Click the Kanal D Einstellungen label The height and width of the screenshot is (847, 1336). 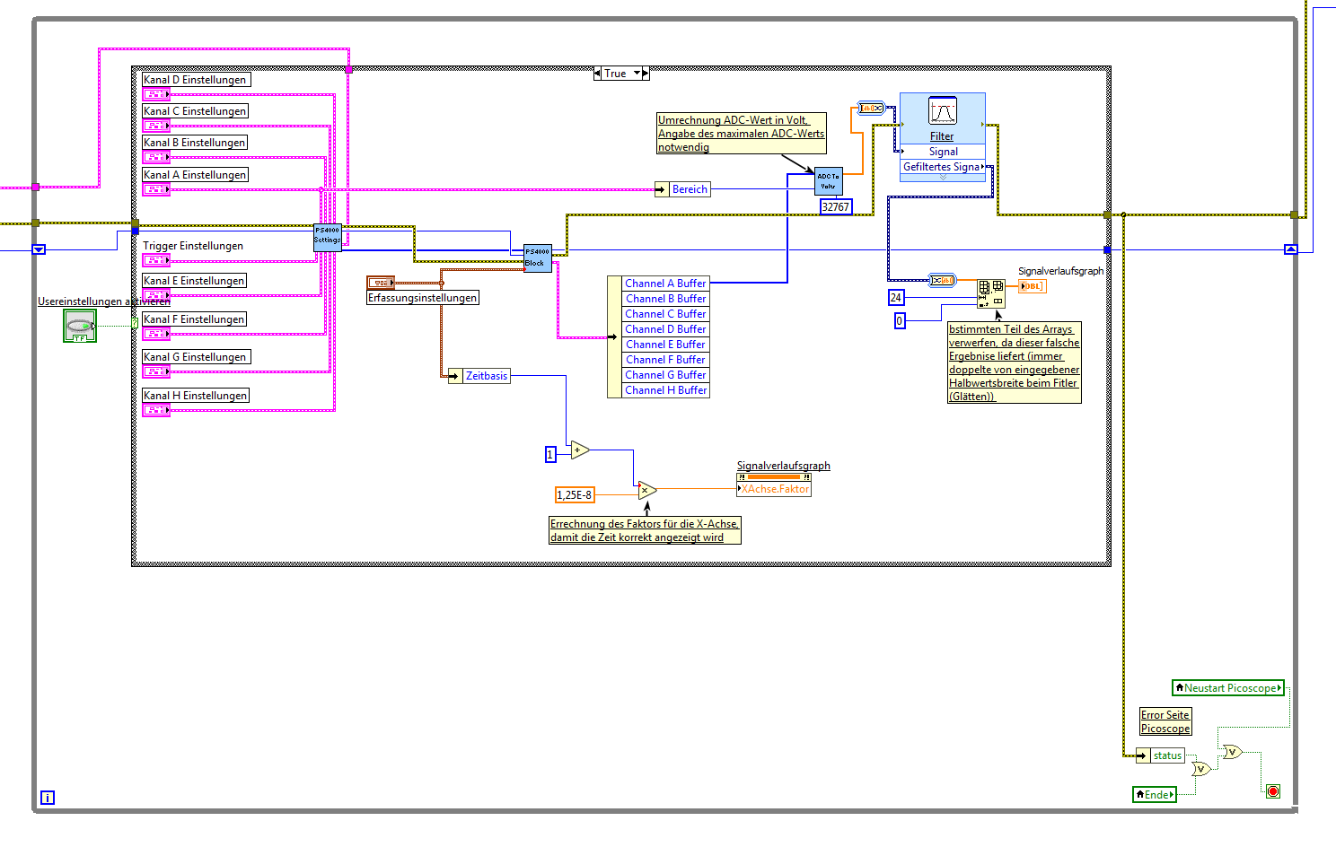pos(195,80)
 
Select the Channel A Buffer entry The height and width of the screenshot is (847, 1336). pos(665,284)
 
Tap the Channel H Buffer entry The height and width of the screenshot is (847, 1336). pos(665,390)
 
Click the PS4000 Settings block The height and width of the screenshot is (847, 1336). pos(327,237)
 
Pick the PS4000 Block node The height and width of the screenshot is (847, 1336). pos(537,258)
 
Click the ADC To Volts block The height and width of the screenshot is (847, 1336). pos(828,181)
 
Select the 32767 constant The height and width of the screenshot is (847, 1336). pos(835,207)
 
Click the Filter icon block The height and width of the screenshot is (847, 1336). pos(942,113)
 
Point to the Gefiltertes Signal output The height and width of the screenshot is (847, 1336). pos(943,167)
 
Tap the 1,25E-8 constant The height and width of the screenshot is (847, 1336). pos(575,494)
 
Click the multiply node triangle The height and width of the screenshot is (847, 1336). pos(646,490)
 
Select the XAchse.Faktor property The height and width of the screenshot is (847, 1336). pos(774,489)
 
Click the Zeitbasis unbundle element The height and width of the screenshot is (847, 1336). pos(486,376)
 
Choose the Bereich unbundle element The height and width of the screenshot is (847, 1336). pos(689,189)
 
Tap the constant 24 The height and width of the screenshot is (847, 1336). pos(895,297)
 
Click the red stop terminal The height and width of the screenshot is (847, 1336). pos(1272,790)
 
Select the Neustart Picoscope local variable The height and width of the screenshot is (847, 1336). pos(1228,688)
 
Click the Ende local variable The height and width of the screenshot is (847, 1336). pos(1155,794)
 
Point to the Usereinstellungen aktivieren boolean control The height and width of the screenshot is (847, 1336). pos(80,326)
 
